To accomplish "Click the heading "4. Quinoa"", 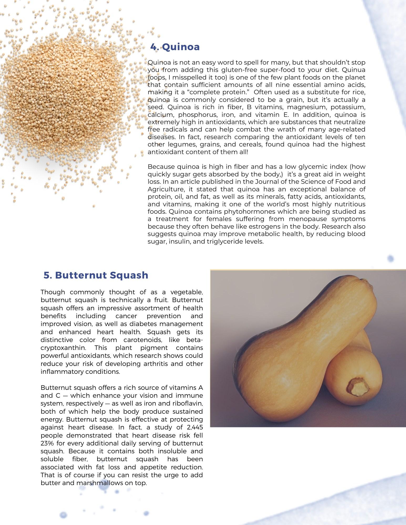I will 175,47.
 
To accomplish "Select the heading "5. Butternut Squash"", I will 96,275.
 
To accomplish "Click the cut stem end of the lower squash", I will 358,387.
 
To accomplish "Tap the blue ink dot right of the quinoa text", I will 391,258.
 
